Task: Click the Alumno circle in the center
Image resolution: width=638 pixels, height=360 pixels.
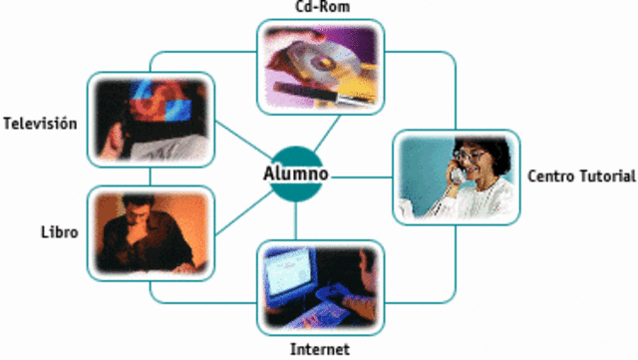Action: tap(295, 174)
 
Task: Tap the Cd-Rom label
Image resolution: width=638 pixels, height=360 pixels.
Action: tap(321, 8)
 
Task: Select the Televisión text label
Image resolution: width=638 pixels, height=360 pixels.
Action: tap(40, 125)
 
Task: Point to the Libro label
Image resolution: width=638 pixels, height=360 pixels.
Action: tap(60, 232)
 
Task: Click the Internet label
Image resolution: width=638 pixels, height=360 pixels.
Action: tap(319, 349)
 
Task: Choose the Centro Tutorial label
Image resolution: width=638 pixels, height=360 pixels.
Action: tap(581, 177)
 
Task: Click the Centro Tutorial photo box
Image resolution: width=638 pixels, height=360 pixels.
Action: tap(456, 177)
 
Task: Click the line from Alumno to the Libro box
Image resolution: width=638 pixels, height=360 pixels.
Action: tap(241, 208)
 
